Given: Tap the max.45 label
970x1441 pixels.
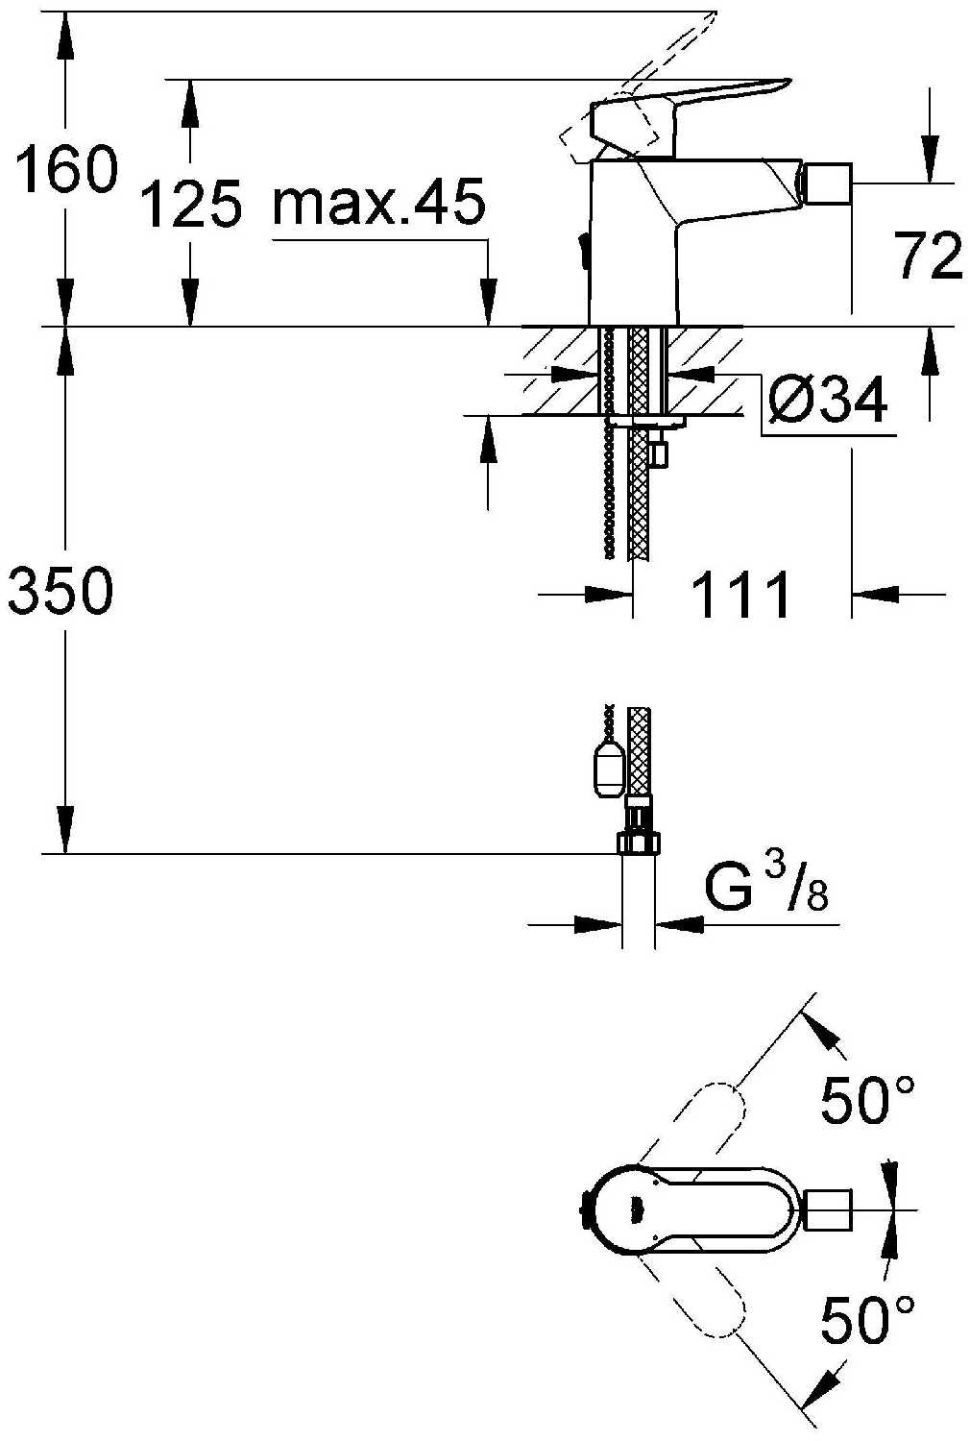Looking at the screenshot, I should point(378,203).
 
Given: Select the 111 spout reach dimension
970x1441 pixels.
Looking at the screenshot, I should point(740,596).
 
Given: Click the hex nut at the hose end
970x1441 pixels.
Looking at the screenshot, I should point(638,843).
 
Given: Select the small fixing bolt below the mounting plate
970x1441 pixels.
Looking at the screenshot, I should point(659,452).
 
